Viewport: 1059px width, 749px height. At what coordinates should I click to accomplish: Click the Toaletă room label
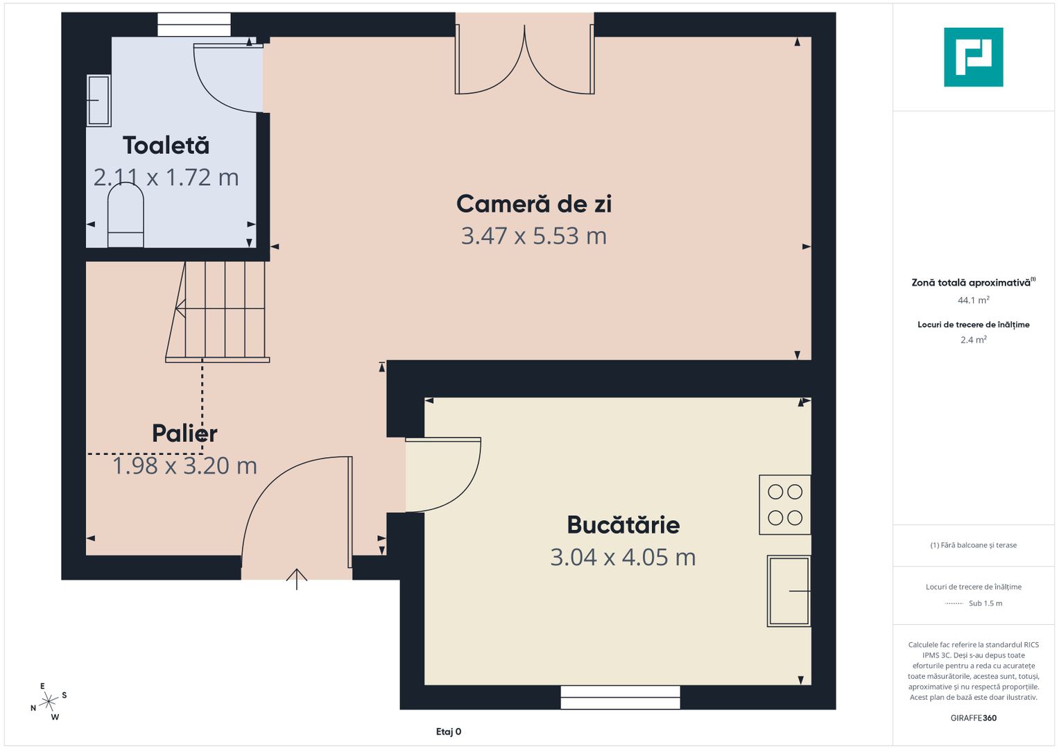166,146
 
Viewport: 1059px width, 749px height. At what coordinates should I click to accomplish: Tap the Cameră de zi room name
533,204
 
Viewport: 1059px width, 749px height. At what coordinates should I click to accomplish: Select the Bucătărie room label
623,525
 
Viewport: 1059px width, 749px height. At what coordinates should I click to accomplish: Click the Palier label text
184,433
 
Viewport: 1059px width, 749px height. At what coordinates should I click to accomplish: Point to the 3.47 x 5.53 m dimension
533,236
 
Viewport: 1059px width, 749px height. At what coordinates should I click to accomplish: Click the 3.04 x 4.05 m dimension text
623,558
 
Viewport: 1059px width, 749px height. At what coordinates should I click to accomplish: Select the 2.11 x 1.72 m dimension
166,178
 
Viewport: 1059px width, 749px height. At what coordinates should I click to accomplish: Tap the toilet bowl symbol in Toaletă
126,215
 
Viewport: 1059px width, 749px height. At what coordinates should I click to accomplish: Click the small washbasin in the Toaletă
98,101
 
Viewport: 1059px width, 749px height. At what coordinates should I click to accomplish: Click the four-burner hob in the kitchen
785,505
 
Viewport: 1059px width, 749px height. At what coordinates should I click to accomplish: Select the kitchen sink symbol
789,591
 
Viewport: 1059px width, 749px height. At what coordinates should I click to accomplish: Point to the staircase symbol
218,311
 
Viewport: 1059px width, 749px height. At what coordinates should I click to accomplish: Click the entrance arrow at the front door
297,578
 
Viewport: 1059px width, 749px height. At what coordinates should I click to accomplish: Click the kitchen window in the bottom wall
620,697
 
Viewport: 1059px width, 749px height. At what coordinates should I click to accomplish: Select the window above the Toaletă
194,24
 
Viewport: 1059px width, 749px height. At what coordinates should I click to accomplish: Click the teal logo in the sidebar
973,57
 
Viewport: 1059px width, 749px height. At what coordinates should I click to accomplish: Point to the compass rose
49,702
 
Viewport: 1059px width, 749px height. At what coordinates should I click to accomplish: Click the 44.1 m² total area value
973,300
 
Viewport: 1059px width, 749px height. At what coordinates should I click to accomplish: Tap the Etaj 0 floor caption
449,732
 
